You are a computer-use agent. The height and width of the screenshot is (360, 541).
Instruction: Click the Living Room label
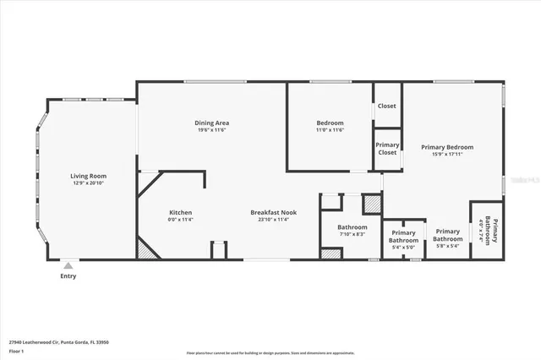point(88,176)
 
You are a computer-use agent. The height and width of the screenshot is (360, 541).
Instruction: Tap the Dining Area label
point(212,123)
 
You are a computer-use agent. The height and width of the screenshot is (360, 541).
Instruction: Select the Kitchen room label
point(180,212)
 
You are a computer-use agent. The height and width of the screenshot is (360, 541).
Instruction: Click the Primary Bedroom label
point(447,147)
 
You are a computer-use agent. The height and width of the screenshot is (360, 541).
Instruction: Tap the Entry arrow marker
point(68,265)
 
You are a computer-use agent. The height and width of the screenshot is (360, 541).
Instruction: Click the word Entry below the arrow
point(68,275)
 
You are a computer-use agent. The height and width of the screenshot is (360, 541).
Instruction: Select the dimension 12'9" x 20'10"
point(88,183)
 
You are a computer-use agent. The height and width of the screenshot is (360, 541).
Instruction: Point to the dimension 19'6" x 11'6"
point(212,129)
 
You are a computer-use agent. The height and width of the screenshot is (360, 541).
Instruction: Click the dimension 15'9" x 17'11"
point(447,154)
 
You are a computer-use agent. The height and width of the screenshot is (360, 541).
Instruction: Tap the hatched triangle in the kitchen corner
point(147,248)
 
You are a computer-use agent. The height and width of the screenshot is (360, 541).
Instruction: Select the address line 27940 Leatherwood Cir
point(59,342)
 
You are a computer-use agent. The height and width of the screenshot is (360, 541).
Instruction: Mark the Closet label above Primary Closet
point(387,106)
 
